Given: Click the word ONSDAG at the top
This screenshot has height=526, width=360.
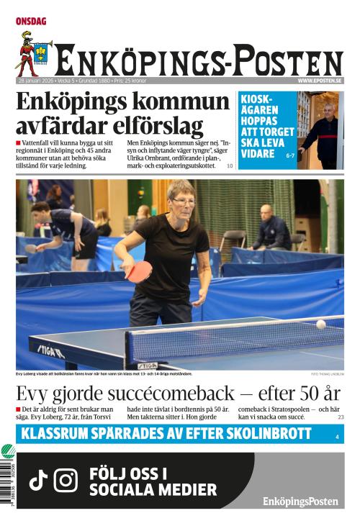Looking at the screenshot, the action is click(31, 22).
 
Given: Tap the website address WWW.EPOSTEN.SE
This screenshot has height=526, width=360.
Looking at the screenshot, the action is click(320, 81).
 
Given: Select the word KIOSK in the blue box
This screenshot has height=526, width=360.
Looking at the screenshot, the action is click(256, 100).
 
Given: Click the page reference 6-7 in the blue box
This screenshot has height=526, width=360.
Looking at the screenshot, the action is click(290, 155).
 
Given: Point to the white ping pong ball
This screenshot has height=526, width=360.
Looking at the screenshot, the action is click(320, 324).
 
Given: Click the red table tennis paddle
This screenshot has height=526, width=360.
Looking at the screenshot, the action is click(139, 271).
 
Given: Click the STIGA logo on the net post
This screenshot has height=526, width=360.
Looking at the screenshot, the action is click(148, 366).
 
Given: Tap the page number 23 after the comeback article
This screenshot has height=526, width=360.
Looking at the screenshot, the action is click(341, 417).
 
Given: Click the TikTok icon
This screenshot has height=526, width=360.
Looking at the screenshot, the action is click(38, 480).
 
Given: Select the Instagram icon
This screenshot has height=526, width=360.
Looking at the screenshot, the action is click(66, 480).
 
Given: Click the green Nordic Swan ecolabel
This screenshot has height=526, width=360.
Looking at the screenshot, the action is click(8, 453).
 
